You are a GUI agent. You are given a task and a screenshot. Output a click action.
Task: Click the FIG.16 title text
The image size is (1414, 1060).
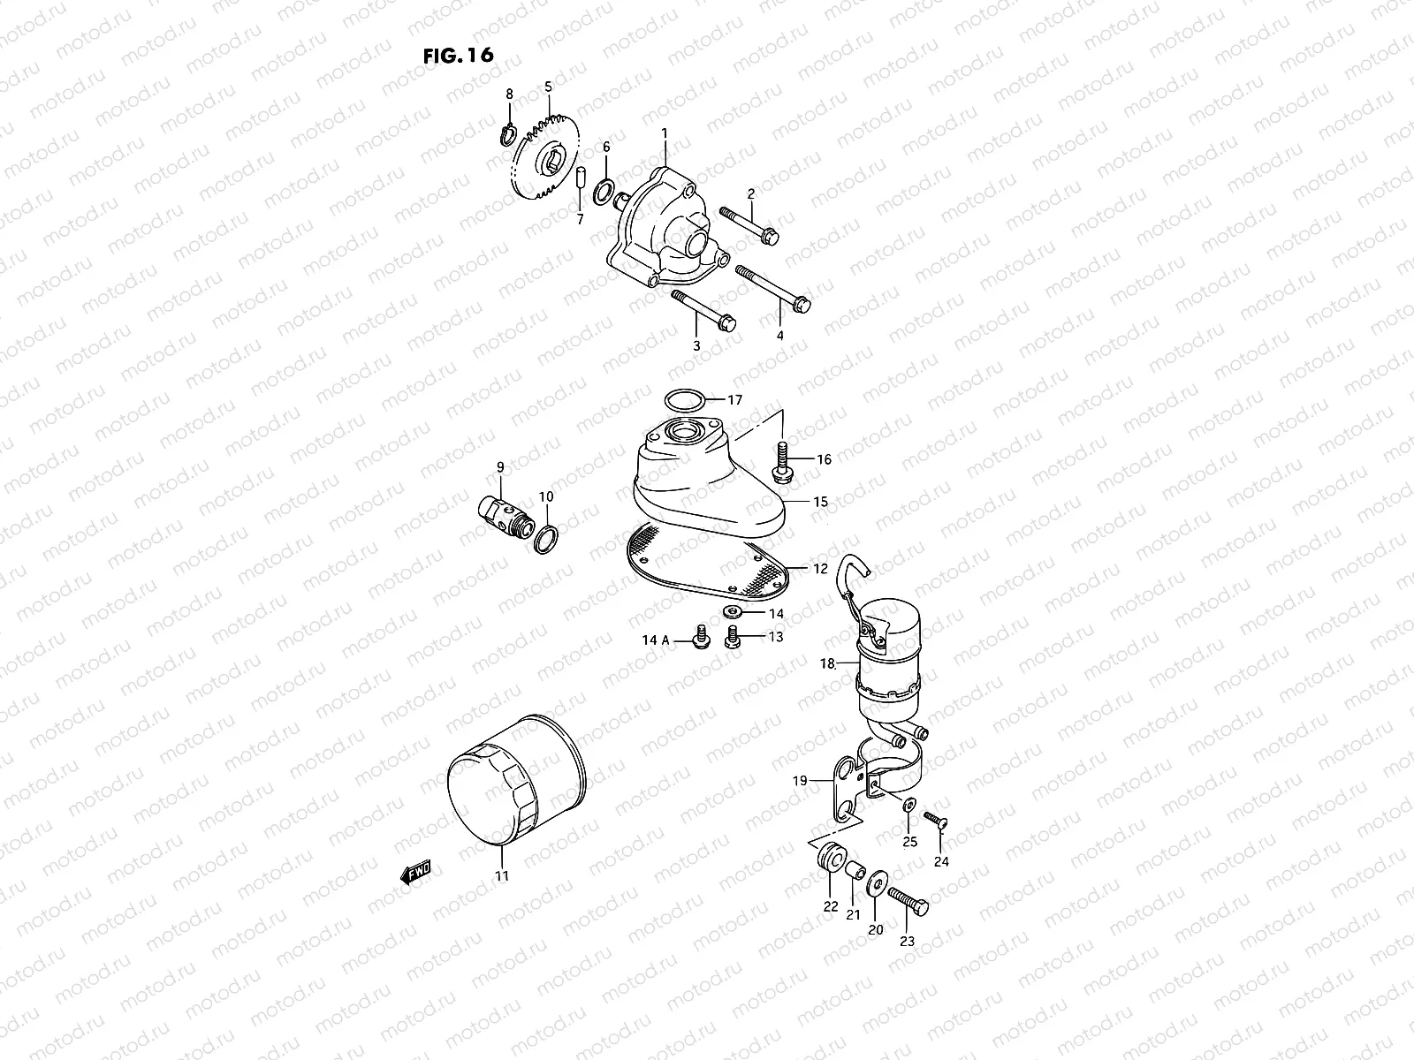[458, 55]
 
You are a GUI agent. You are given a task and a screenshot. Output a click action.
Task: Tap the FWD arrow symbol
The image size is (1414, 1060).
[414, 873]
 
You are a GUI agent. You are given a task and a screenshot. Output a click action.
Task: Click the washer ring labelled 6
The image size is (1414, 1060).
[606, 192]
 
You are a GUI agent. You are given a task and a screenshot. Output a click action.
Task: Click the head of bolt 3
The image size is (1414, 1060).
[726, 324]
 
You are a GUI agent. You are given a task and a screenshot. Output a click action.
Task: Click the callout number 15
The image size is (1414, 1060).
[820, 502]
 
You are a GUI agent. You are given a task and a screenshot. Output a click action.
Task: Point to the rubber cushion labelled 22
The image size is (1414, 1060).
[831, 857]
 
